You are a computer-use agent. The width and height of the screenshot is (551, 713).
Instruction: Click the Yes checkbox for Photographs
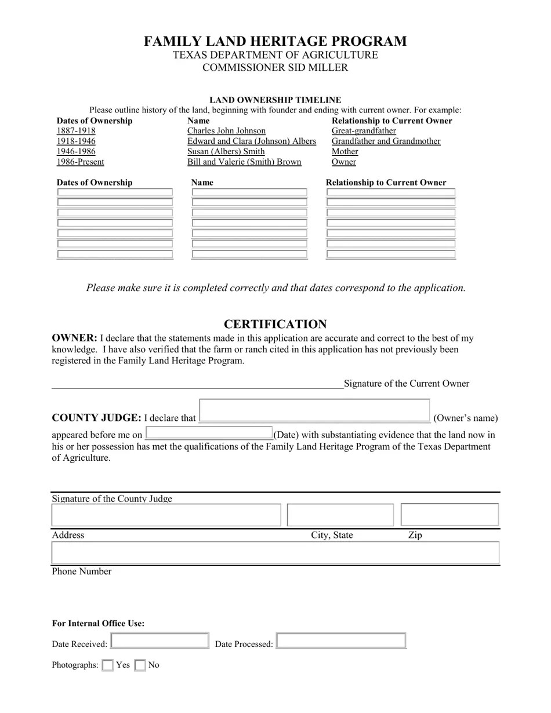107,665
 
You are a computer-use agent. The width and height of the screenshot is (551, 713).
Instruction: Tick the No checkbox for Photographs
140,665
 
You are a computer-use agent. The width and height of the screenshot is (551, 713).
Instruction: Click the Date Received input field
159,641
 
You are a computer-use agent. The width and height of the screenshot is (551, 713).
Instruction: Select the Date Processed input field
341,641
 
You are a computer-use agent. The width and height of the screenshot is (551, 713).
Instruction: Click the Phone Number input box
275,553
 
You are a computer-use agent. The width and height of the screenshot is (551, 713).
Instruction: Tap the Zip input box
449,515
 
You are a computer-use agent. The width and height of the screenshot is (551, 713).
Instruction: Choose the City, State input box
340,515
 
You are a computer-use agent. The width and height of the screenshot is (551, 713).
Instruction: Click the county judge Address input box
166,515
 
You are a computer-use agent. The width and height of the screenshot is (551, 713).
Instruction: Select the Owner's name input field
314,411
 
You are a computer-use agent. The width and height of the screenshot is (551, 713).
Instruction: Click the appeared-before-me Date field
209,433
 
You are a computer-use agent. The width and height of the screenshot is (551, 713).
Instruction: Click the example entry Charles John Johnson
226,131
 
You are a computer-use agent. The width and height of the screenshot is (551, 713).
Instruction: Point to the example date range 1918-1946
76,141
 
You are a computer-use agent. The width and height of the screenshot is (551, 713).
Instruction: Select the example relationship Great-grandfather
364,131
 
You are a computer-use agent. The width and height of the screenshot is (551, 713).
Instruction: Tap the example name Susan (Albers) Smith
226,152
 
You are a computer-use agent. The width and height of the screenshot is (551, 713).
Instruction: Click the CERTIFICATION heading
275,324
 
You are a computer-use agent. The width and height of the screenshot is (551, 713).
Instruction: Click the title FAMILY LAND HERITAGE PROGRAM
275,41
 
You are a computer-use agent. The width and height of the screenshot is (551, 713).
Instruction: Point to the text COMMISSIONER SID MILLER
275,68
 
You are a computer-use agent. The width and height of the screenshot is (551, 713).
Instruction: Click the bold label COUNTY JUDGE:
96,418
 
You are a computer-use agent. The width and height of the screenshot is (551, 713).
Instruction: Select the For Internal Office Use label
98,624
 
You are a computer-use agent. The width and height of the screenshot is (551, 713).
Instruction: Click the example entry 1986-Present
80,162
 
